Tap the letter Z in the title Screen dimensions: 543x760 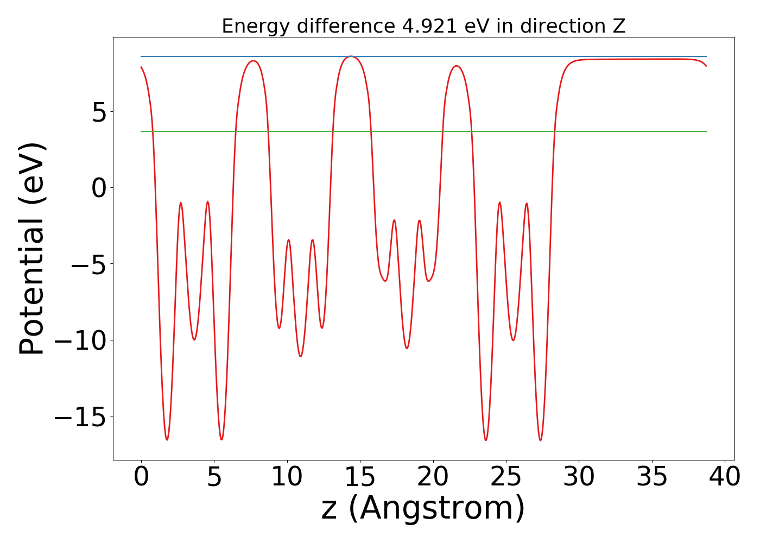pos(619,26)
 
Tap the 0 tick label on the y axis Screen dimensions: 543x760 pos(99,188)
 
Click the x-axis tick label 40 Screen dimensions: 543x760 pos(725,477)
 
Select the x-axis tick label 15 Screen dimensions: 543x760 pos(360,477)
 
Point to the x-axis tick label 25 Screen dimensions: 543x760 pos(506,477)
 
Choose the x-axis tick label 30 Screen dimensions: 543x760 pos(579,477)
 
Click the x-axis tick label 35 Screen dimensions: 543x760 pos(652,477)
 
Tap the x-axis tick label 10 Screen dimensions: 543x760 pos(287,477)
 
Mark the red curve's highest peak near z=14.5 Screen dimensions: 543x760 pos(352,56)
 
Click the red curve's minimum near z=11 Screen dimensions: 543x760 pos(301,356)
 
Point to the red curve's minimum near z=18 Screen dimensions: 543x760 pos(407,348)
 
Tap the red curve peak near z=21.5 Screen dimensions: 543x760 pos(457,66)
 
